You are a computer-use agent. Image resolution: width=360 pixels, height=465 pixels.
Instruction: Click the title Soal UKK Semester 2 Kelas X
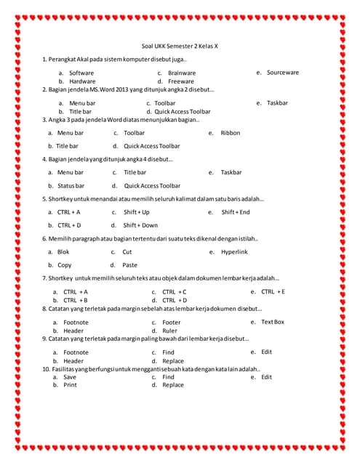tap(179, 46)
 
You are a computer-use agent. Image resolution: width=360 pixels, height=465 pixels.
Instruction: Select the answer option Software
tap(81, 73)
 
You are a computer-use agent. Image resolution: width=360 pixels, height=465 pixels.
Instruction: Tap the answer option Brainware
tap(181, 73)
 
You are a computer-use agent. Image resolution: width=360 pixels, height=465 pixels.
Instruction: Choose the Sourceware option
tap(283, 73)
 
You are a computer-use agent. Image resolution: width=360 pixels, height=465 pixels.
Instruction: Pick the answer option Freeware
tap(181, 81)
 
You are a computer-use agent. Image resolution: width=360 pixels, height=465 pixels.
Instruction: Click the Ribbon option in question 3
tap(230, 133)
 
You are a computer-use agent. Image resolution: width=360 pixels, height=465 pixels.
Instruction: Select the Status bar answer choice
tap(71, 185)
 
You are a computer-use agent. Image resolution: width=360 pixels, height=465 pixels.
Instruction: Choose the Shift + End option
tap(235, 212)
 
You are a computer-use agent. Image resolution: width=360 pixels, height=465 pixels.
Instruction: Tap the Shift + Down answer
tap(140, 225)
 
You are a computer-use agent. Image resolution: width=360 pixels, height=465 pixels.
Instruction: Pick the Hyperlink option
tap(234, 251)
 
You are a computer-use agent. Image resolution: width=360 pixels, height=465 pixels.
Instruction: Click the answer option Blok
tap(63, 251)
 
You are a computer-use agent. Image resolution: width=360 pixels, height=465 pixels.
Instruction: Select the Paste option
tap(129, 265)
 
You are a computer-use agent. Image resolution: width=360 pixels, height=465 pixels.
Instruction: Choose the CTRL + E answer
tap(273, 291)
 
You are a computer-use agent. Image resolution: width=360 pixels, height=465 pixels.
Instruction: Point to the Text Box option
tap(273, 322)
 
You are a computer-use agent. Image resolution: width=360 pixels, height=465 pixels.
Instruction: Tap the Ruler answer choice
tap(169, 331)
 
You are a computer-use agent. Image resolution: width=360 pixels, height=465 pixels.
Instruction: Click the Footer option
tap(172, 322)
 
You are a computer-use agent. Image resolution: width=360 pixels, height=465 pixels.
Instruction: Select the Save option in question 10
tap(70, 377)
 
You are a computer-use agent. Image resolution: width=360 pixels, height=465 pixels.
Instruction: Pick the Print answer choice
tap(70, 385)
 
